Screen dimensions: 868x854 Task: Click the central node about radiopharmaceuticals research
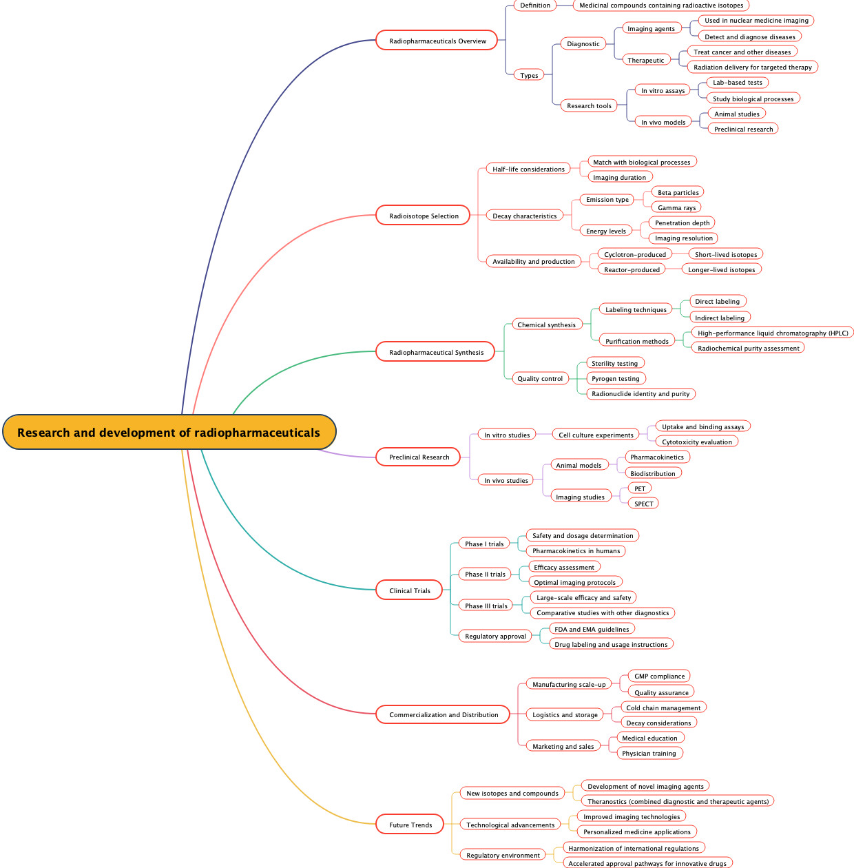click(169, 433)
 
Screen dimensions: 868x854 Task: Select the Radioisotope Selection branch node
click(423, 216)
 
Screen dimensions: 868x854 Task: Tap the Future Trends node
click(410, 825)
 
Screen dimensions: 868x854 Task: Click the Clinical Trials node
click(409, 590)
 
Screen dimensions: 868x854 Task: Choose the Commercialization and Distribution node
click(443, 714)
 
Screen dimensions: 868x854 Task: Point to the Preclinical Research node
click(418, 457)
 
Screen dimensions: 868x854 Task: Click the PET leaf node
click(640, 488)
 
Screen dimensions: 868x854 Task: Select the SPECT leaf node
click(643, 504)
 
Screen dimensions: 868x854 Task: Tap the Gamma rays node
click(676, 207)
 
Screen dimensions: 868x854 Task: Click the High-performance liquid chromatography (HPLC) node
click(772, 333)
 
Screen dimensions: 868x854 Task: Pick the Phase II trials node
click(484, 574)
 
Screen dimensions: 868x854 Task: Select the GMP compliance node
click(659, 676)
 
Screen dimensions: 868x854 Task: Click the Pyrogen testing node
click(615, 378)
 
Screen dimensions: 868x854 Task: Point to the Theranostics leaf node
click(678, 801)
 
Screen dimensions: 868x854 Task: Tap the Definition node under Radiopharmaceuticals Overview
click(534, 6)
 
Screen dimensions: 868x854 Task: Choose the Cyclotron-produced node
click(634, 254)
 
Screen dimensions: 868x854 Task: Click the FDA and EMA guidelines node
click(591, 629)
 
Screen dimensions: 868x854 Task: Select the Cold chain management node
click(663, 707)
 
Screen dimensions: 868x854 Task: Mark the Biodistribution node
click(652, 473)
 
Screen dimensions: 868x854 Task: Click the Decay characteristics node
click(524, 216)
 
